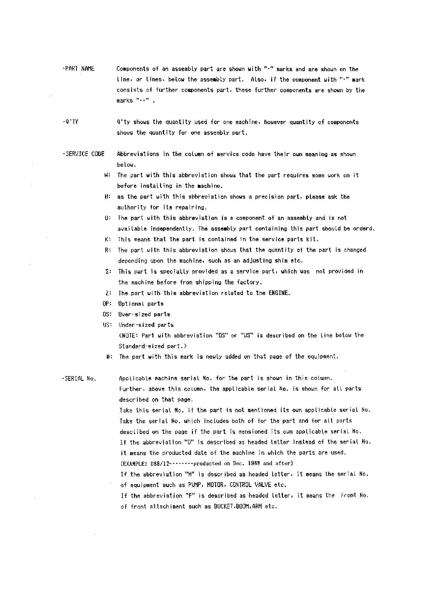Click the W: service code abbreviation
108,175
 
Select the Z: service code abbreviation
108,293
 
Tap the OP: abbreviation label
107,304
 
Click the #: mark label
109,356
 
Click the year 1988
255,464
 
